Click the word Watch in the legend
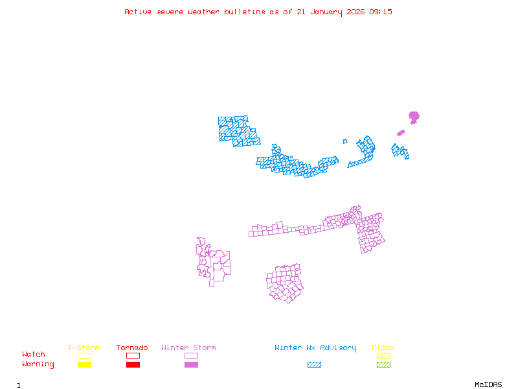coord(34,355)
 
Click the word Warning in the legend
coord(38,364)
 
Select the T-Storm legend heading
coord(84,348)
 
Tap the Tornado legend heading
coord(132,348)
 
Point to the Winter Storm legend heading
coord(188,348)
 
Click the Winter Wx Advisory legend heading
coord(315,348)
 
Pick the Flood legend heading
coord(383,348)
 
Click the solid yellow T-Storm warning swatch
coord(84,365)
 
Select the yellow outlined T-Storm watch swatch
coord(84,355)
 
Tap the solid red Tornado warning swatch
coord(133,365)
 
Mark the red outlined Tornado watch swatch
coord(133,355)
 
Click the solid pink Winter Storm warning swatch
coord(191,365)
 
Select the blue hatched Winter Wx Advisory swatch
coord(314,365)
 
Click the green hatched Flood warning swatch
coord(383,365)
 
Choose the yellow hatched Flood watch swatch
coord(383,355)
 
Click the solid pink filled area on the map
coord(414,117)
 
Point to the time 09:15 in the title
coord(381,12)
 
